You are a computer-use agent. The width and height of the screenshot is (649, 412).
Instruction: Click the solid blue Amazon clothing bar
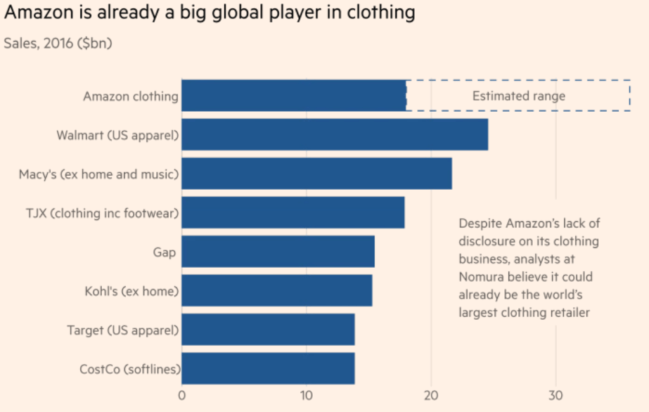click(x=293, y=96)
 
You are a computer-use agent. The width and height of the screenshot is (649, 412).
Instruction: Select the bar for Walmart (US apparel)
click(x=335, y=134)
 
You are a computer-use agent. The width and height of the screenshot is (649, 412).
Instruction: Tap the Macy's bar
click(x=316, y=174)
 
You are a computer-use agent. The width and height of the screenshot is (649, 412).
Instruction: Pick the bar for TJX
click(x=293, y=212)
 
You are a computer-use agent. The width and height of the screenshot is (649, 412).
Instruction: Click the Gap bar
click(x=278, y=252)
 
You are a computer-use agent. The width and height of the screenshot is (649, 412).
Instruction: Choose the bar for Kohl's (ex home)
click(x=276, y=291)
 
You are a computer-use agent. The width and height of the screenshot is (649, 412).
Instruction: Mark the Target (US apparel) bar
click(x=267, y=330)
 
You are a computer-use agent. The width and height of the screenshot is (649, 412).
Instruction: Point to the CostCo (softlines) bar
click(x=267, y=369)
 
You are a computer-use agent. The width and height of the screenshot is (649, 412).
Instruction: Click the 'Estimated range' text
click(x=518, y=96)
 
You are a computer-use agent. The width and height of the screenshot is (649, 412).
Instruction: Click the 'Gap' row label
click(x=164, y=252)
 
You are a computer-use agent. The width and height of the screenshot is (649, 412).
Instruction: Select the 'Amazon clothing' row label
click(x=130, y=96)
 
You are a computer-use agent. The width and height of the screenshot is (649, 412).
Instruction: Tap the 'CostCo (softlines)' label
click(x=129, y=369)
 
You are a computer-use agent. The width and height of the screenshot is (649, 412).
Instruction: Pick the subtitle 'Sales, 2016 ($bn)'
click(x=58, y=43)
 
